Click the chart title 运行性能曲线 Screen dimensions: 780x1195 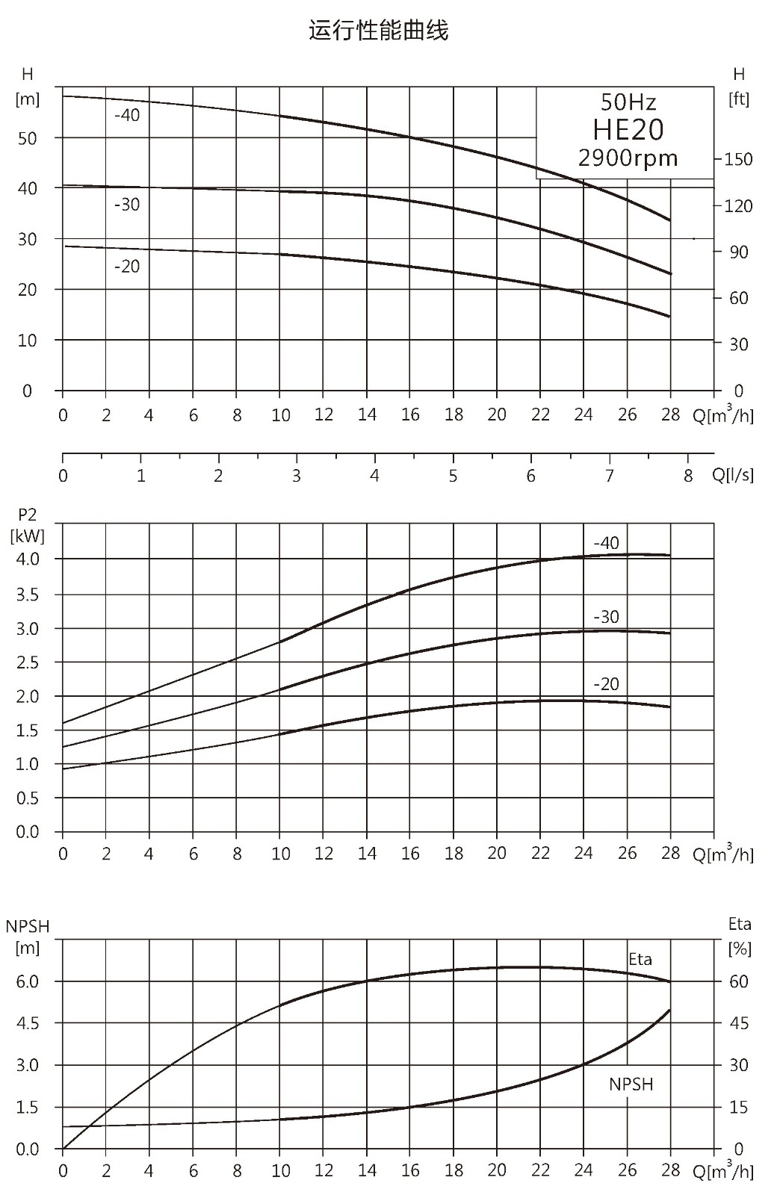pos(378,31)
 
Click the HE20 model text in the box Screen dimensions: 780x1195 pos(628,130)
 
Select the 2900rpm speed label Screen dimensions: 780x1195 pos(628,158)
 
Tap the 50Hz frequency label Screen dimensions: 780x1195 pos(628,102)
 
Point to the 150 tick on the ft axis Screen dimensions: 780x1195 pos(738,159)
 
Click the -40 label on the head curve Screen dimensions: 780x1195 pos(127,115)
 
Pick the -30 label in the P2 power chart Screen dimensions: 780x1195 pos(606,617)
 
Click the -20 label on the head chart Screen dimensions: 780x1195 pos(127,266)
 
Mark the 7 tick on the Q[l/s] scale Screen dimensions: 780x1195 pos(609,475)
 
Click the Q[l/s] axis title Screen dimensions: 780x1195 pos(732,474)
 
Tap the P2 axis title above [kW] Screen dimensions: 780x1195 pos(27,515)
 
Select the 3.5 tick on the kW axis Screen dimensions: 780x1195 pos(28,595)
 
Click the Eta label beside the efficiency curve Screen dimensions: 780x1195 pos(640,959)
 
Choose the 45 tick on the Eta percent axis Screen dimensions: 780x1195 pos(739,1023)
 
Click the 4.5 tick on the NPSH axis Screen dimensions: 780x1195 pos(28,1023)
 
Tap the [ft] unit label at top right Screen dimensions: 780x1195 pos(739,99)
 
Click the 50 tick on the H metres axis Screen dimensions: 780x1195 pos(27,139)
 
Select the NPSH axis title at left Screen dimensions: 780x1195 pos(27,926)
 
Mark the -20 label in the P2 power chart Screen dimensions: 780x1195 pos(606,684)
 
